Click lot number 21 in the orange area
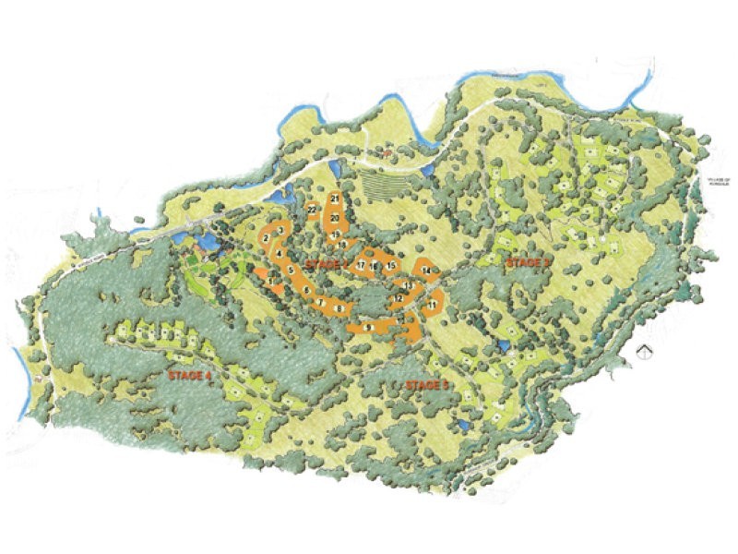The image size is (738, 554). tap(334, 199)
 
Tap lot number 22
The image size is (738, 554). tap(314, 211)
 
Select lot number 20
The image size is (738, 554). tap(335, 217)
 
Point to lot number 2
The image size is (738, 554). tap(266, 238)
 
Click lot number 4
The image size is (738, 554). tap(279, 252)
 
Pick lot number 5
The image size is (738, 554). tap(291, 270)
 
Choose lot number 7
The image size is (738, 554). tap(320, 303)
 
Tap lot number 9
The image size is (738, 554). tap(368, 327)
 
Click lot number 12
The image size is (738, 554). tap(399, 299)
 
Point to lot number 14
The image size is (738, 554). tap(425, 271)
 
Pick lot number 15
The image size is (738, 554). tap(391, 266)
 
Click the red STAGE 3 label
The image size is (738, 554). tap(528, 263)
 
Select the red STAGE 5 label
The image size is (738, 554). tap(426, 384)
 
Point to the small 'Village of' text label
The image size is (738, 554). tap(714, 182)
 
